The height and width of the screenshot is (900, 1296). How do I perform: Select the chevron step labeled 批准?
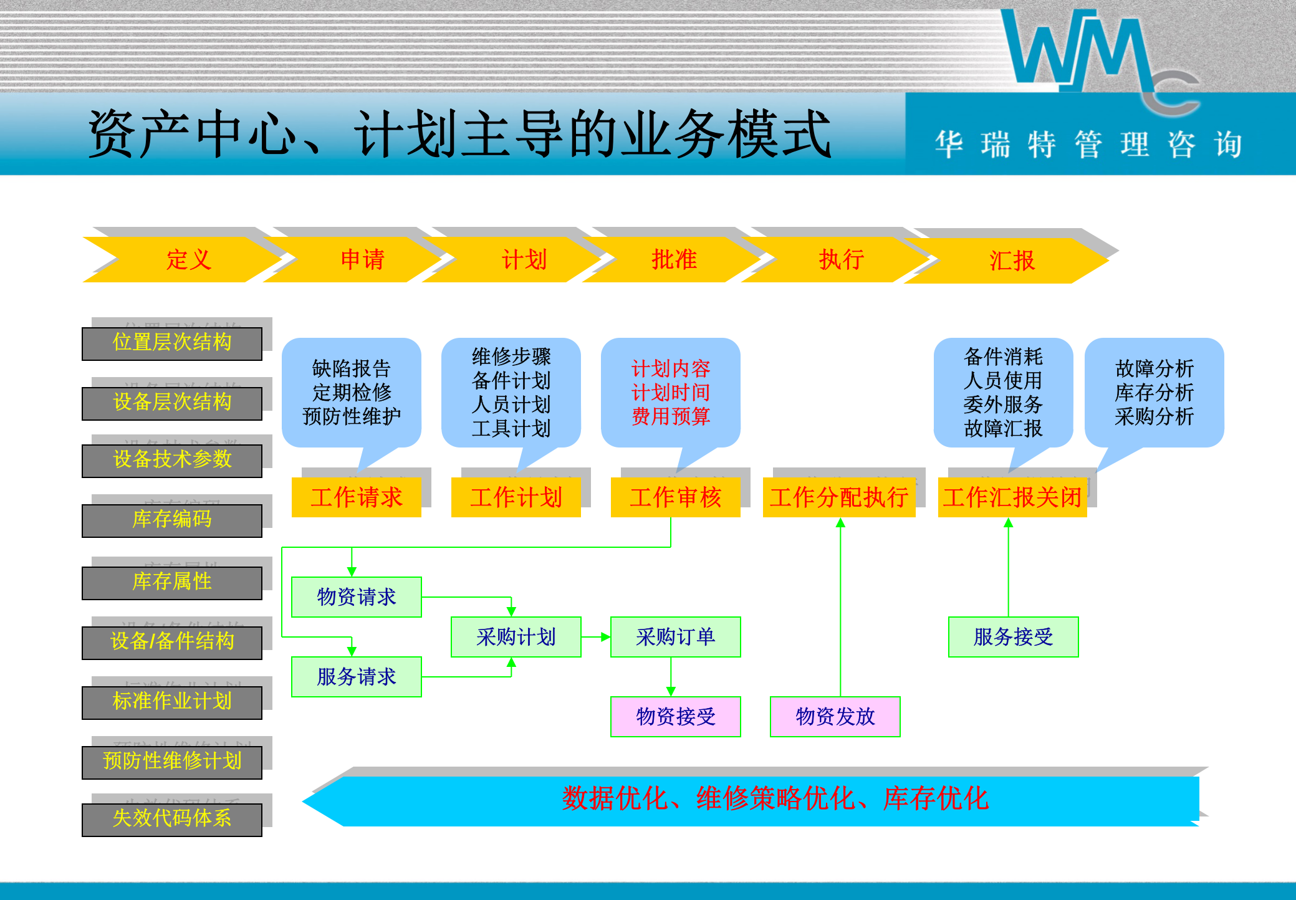[673, 260]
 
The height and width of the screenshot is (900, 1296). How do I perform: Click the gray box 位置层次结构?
[172, 343]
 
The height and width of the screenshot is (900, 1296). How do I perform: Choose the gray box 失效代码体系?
[172, 819]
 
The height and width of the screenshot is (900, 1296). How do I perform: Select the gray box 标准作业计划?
[172, 702]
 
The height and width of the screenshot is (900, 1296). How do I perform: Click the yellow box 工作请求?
[357, 497]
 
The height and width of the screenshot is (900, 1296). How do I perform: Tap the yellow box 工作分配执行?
[839, 497]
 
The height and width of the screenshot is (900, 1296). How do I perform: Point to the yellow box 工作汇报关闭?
[1012, 497]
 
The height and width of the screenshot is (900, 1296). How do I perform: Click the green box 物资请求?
[357, 597]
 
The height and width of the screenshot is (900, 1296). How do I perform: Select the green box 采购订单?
[676, 637]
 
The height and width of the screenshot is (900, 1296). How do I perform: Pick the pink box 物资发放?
[835, 717]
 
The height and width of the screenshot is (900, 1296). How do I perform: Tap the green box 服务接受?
[1014, 637]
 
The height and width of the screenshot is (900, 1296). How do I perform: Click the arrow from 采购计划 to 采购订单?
[596, 637]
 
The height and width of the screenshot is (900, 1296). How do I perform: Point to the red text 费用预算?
[671, 416]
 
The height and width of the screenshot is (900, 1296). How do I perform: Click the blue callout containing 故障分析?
[1154, 393]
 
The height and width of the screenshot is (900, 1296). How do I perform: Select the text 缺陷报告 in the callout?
[352, 368]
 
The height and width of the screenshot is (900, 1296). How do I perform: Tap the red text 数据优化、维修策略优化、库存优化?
[775, 799]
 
